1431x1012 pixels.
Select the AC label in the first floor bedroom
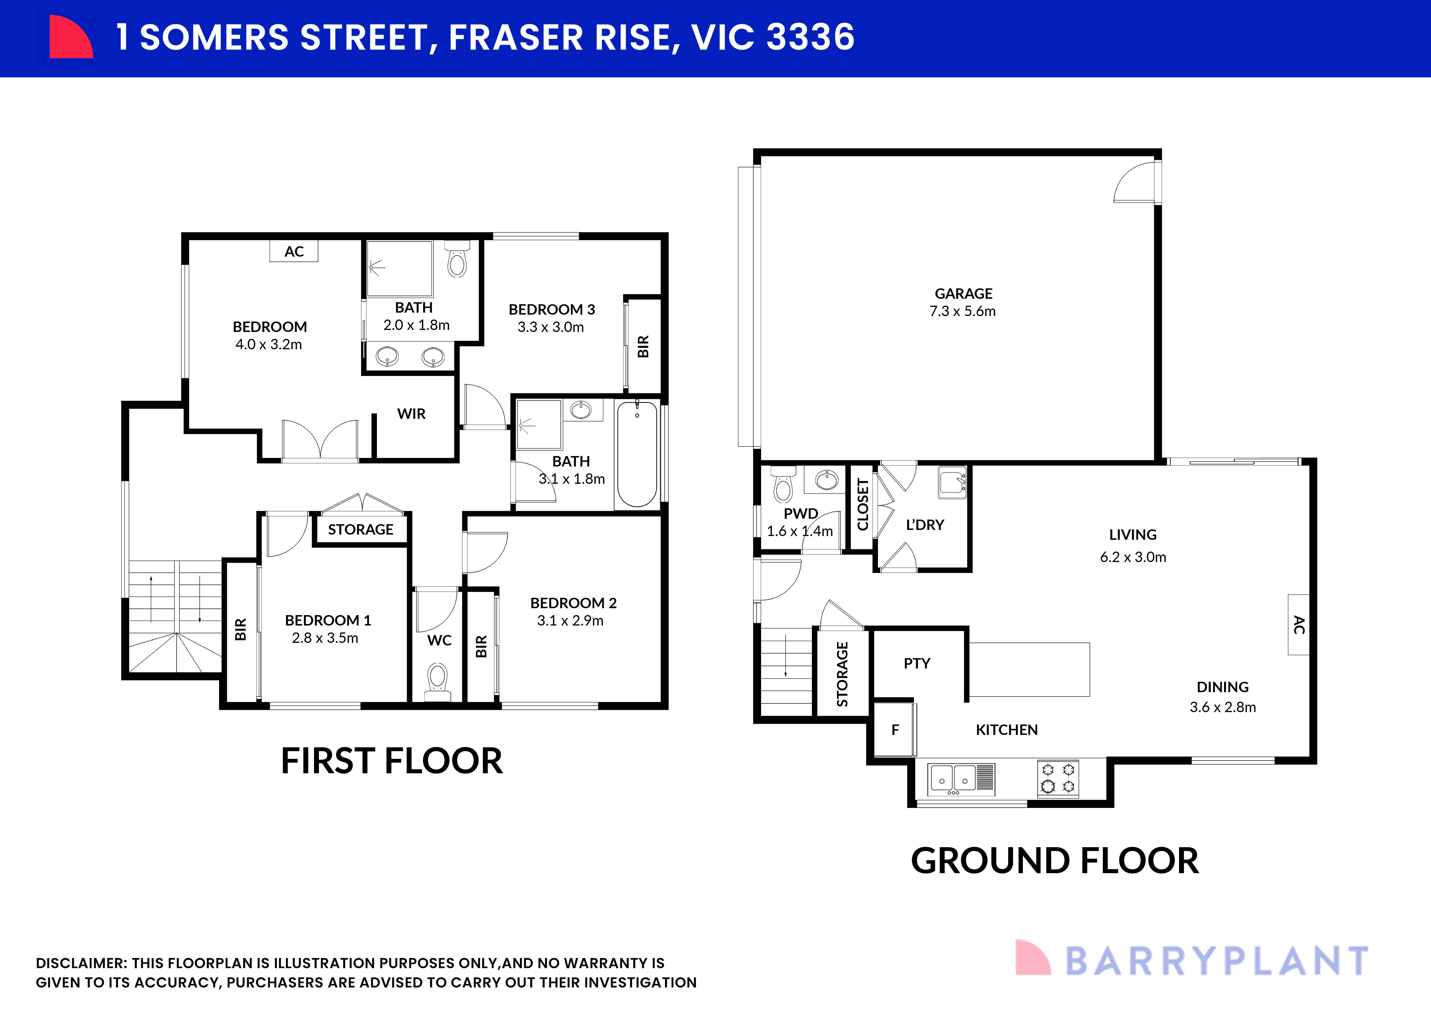(294, 251)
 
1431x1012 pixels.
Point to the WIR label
(411, 414)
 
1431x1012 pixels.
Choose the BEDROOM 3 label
(552, 309)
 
